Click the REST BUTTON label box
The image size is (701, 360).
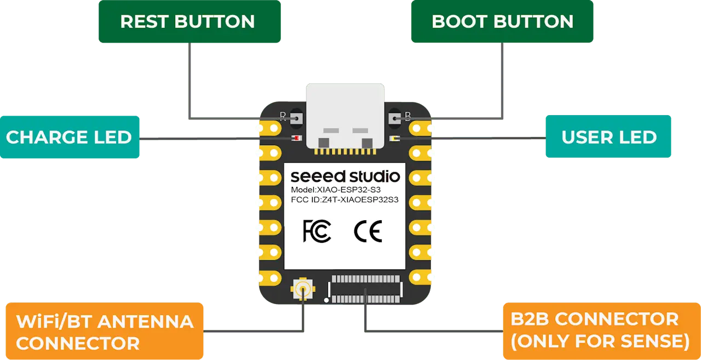tap(188, 22)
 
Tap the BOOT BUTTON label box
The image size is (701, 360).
tap(502, 22)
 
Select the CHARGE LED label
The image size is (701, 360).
tap(69, 137)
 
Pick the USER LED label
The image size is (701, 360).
tap(608, 137)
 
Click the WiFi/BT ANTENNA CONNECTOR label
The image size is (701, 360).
tap(104, 332)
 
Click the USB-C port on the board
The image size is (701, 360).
tap(345, 116)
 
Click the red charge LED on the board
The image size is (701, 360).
tap(296, 139)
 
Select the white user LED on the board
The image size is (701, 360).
tap(394, 139)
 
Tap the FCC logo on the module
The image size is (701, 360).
tap(317, 231)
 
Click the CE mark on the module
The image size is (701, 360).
tap(368, 231)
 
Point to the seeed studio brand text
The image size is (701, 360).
tap(345, 176)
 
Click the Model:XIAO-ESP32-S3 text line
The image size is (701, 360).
tap(336, 190)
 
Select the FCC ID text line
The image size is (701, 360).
tap(344, 200)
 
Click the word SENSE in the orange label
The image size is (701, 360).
tap(654, 341)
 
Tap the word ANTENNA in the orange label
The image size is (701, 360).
tap(146, 321)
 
